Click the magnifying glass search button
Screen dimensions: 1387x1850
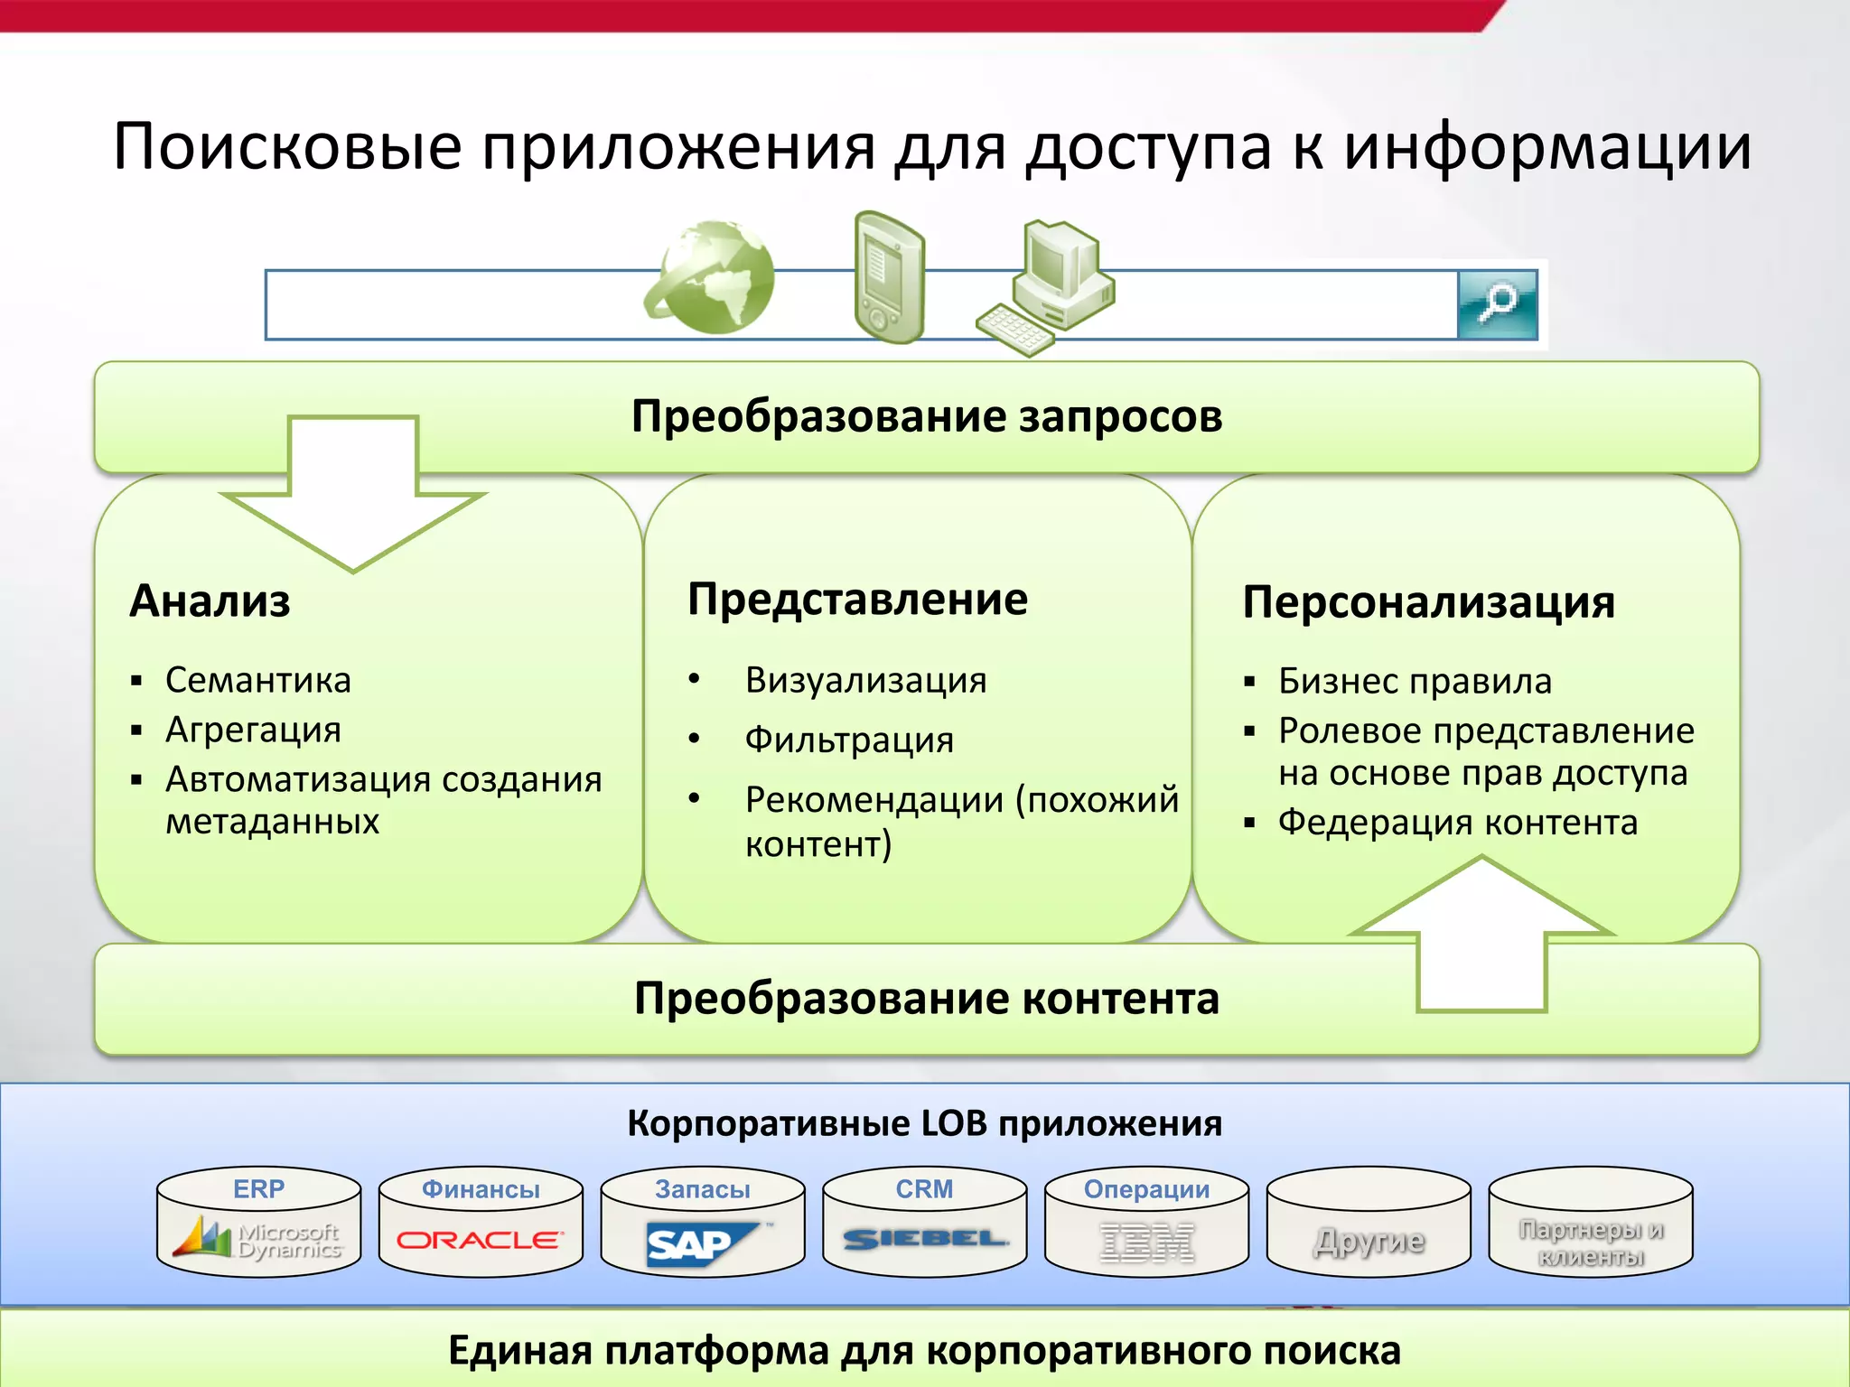pyautogui.click(x=1497, y=304)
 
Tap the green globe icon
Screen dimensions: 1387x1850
pyautogui.click(x=711, y=277)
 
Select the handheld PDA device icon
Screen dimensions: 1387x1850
pyautogui.click(x=889, y=277)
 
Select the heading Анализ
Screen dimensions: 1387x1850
pyautogui.click(x=210, y=601)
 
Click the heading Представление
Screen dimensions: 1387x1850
pyautogui.click(x=857, y=600)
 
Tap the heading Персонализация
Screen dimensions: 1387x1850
pyautogui.click(x=1428, y=602)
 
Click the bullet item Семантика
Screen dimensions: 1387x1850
pyautogui.click(x=257, y=680)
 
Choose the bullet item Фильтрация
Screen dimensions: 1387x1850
pyautogui.click(x=849, y=740)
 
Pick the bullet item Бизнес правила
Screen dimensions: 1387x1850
pyautogui.click(x=1415, y=681)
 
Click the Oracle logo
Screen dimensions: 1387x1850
pyautogui.click(x=480, y=1240)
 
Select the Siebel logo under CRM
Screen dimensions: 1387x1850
pyautogui.click(x=924, y=1240)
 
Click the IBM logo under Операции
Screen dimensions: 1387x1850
pyautogui.click(x=1146, y=1243)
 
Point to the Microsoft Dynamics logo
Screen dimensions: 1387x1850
pyautogui.click(x=259, y=1240)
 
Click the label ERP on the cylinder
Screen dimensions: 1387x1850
pyautogui.click(x=258, y=1189)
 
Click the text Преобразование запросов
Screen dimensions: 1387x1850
pyautogui.click(x=926, y=417)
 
